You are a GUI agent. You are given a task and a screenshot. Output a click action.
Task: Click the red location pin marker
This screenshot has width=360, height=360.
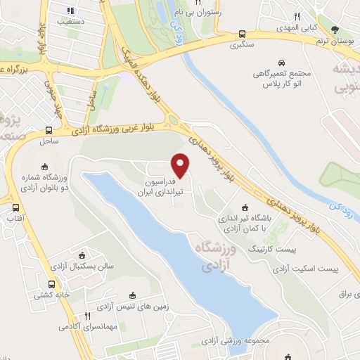point(181,165)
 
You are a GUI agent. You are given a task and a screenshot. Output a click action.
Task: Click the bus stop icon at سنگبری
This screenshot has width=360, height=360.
point(243,34)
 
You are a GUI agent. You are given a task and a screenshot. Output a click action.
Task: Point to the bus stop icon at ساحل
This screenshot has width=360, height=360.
point(49,131)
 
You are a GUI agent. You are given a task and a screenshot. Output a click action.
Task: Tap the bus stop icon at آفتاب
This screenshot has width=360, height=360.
point(15,208)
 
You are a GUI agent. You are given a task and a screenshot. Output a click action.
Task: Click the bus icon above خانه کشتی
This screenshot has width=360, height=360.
point(51,284)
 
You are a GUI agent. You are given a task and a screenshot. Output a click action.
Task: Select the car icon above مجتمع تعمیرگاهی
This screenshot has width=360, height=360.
point(281,62)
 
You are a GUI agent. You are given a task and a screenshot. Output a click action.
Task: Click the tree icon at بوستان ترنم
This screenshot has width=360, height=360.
point(335,29)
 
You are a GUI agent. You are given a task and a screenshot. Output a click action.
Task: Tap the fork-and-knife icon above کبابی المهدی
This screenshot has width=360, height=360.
point(297,15)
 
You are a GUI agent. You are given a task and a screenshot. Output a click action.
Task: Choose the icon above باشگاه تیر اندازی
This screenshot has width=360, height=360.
point(245,207)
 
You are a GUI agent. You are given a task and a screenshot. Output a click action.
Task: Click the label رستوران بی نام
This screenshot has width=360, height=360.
point(207,12)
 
